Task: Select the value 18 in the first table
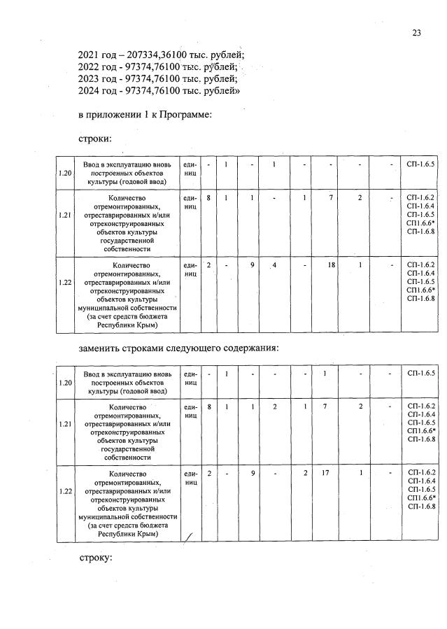pos(332,266)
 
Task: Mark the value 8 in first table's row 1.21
pos(209,199)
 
